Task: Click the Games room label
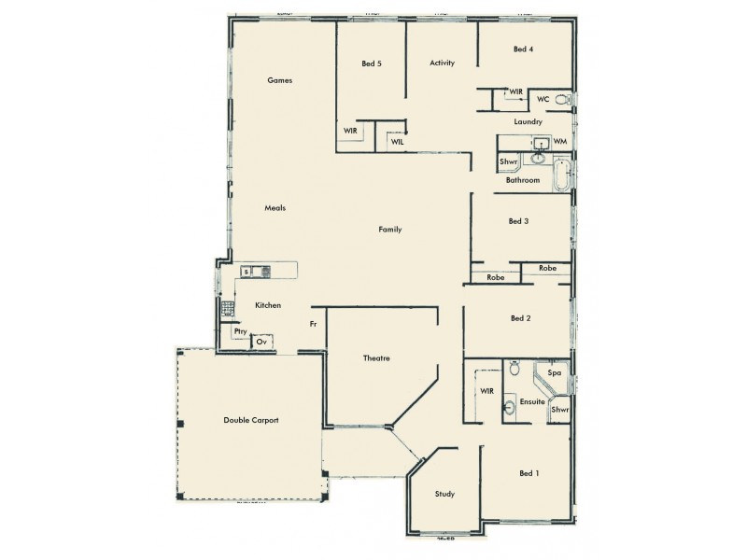(x=280, y=80)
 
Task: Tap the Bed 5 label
(x=372, y=63)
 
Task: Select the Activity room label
(x=442, y=63)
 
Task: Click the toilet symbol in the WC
(x=561, y=100)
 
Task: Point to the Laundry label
(x=529, y=122)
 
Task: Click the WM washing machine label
(x=560, y=142)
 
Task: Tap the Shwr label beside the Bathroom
(x=509, y=161)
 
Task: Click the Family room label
(x=389, y=229)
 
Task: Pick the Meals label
(x=275, y=208)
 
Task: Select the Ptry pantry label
(x=240, y=331)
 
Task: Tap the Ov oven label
(x=262, y=342)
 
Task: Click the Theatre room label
(x=375, y=358)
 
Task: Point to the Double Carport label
(x=250, y=421)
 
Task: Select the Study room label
(x=444, y=494)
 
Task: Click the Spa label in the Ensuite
(x=554, y=373)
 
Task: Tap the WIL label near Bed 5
(x=397, y=142)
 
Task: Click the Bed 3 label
(x=519, y=221)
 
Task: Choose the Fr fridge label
(x=314, y=324)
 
